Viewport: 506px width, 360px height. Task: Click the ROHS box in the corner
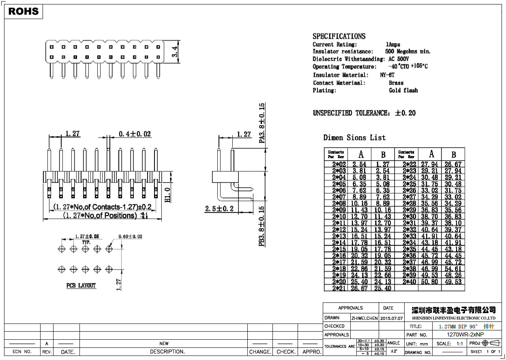[24, 12]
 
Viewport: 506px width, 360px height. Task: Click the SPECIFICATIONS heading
[339, 36]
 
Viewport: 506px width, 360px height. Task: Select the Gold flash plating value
[403, 90]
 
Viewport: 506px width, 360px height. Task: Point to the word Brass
[396, 83]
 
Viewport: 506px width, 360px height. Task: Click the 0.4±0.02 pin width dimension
[135, 134]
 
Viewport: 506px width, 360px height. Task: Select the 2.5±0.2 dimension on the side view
[219, 209]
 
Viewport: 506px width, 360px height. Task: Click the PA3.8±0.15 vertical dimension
[262, 123]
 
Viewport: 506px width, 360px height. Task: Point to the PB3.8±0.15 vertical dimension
[262, 226]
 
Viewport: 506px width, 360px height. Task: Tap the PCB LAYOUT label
[81, 286]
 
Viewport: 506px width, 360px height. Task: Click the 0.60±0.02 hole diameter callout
[130, 236]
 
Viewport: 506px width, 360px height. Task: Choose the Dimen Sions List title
[354, 138]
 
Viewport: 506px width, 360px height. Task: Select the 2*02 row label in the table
[339, 165]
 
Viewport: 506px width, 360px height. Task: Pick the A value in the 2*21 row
[359, 288]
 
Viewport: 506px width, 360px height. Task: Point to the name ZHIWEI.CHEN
[364, 318]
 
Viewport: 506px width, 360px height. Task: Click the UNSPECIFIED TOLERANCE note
[364, 113]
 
